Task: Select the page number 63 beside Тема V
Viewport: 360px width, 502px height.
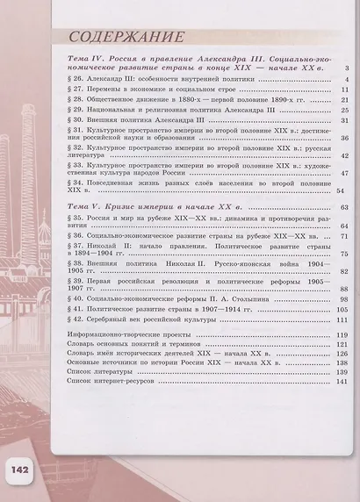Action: point(345,206)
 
